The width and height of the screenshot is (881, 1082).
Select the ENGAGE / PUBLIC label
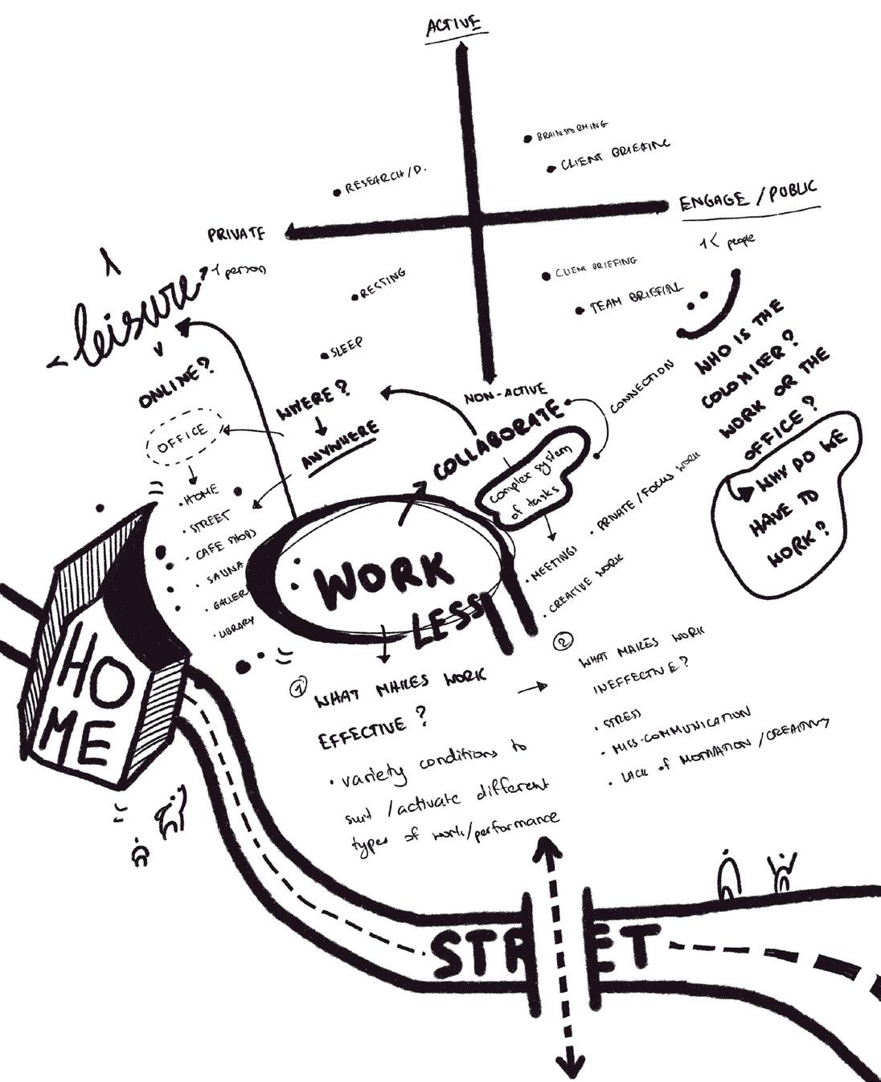748,196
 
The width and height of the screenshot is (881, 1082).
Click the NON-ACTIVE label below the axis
505,395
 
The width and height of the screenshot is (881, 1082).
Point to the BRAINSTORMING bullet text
572,131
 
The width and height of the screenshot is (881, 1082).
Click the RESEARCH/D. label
385,179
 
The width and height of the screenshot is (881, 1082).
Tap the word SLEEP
346,346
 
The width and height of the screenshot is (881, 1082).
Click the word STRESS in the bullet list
622,719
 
